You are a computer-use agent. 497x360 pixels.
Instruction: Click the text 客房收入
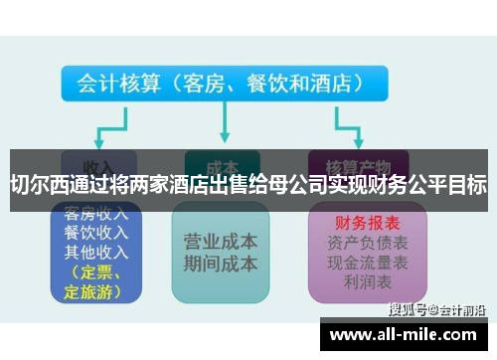[x=97, y=213]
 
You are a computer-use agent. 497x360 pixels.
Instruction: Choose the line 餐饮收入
[x=97, y=232]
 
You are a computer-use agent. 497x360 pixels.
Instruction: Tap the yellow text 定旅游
[x=91, y=290]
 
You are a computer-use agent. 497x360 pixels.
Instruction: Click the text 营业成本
[x=220, y=242]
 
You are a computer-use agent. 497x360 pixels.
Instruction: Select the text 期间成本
[x=220, y=264]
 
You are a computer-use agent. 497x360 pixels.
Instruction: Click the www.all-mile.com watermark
[x=408, y=335]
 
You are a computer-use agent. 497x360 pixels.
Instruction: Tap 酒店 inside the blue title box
[x=332, y=84]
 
